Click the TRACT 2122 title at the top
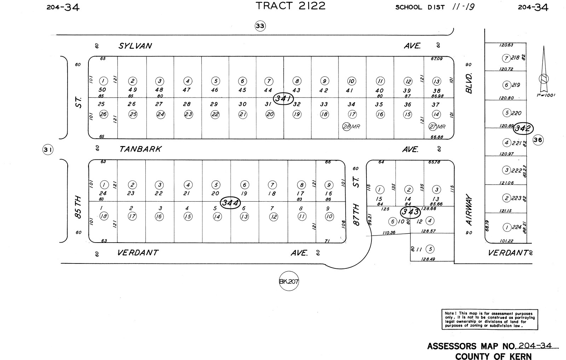click(290, 6)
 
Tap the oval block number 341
click(283, 98)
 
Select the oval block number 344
click(230, 203)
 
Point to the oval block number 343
click(410, 212)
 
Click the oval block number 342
click(523, 128)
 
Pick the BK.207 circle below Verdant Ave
click(289, 281)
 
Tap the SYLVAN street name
click(135, 46)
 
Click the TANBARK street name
click(140, 149)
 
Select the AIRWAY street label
click(469, 209)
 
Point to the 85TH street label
click(78, 207)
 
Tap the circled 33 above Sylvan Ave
click(260, 26)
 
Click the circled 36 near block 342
click(538, 140)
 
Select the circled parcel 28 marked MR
click(347, 126)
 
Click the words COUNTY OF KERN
click(493, 356)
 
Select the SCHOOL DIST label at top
click(420, 7)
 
